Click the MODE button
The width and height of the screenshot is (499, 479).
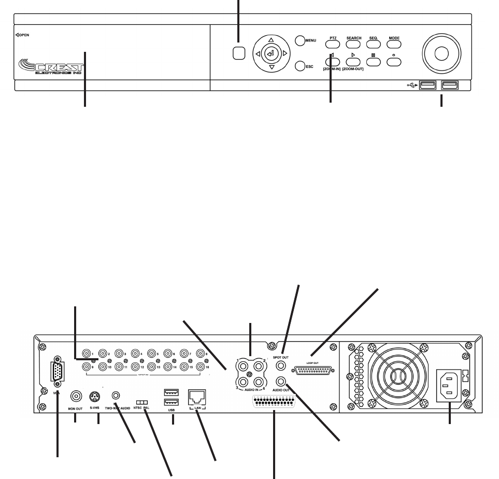click(394, 45)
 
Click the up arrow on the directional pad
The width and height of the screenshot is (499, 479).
click(270, 39)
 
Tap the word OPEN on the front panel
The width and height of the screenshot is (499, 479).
click(24, 35)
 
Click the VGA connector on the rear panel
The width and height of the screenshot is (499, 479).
click(56, 372)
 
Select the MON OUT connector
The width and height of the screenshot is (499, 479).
click(77, 397)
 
